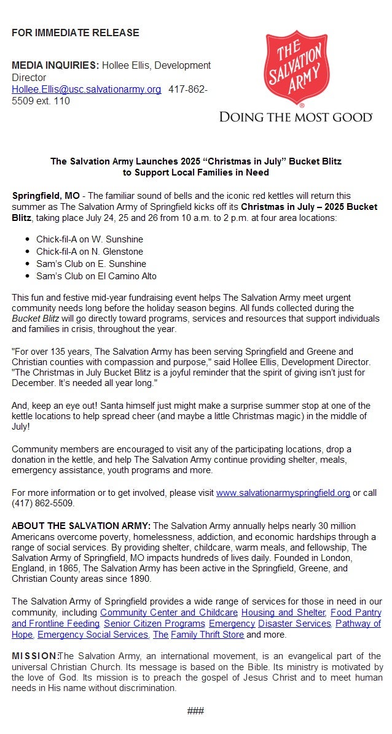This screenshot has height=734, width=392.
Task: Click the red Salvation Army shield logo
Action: click(x=296, y=67)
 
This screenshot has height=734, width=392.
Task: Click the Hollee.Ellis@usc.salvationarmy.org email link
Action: click(x=86, y=90)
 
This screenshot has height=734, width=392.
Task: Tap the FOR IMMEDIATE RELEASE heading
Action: click(x=75, y=33)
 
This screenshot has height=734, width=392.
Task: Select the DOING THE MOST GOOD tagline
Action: click(x=296, y=117)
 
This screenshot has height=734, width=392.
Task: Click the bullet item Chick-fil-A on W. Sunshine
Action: click(x=89, y=239)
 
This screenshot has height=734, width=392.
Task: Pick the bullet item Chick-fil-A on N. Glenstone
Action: click(x=89, y=252)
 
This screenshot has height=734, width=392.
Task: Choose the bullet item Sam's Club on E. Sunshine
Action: click(x=91, y=264)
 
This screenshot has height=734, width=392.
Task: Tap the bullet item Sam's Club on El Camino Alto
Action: click(x=96, y=276)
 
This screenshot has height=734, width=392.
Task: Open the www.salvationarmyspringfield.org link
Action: click(x=283, y=492)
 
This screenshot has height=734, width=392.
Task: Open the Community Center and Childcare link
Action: click(x=168, y=612)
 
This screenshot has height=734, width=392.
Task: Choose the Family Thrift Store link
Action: click(x=207, y=635)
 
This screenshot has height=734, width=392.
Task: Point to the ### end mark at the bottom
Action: click(x=195, y=711)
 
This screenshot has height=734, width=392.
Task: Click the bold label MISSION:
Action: click(x=34, y=656)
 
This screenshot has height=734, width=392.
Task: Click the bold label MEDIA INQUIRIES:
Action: click(x=55, y=65)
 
